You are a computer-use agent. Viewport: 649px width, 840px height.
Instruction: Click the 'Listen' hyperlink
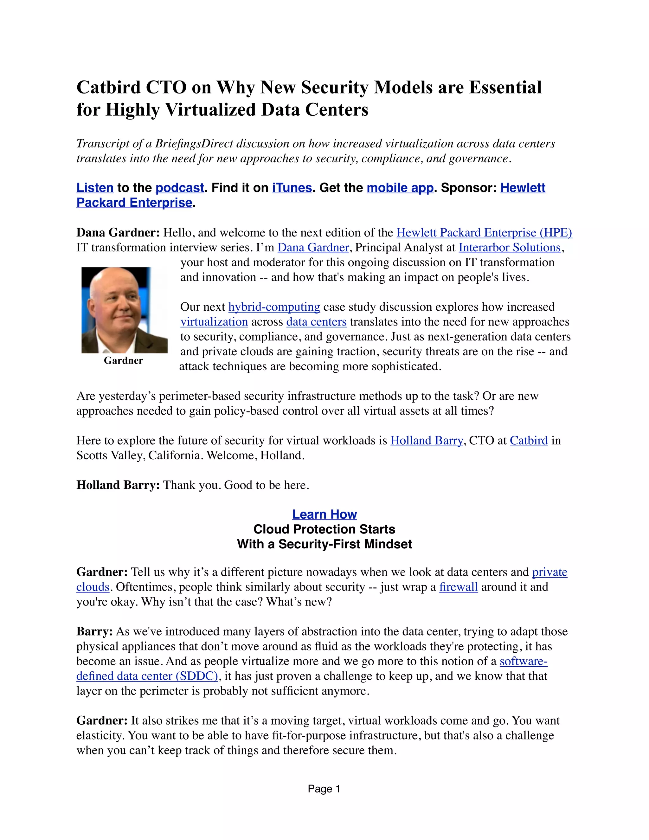click(x=95, y=188)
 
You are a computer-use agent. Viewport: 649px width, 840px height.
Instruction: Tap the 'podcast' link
click(x=180, y=188)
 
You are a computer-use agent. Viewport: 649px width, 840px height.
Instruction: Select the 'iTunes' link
click(x=292, y=188)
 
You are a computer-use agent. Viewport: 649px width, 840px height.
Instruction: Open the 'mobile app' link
click(x=400, y=188)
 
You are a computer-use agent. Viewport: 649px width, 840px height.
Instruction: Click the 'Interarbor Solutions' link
click(x=510, y=247)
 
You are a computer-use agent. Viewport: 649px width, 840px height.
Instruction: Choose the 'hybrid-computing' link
click(x=274, y=307)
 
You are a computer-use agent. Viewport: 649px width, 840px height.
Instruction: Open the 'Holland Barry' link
click(x=427, y=440)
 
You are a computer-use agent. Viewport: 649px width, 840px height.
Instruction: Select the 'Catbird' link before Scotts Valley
click(x=529, y=440)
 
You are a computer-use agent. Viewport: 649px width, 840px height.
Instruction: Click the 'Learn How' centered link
click(x=324, y=514)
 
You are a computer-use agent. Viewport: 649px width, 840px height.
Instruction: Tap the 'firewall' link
click(x=458, y=587)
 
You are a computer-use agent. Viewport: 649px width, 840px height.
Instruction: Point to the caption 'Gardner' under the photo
click(x=123, y=360)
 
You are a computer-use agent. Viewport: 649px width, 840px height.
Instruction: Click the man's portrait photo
click(x=124, y=310)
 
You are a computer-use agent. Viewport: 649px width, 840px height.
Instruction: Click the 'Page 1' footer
click(x=324, y=789)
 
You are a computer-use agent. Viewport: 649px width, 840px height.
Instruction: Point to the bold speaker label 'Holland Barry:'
click(x=118, y=485)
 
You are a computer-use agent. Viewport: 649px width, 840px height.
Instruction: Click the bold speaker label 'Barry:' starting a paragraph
click(x=94, y=631)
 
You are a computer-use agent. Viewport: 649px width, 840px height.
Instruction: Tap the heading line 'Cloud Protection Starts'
click(x=324, y=529)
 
